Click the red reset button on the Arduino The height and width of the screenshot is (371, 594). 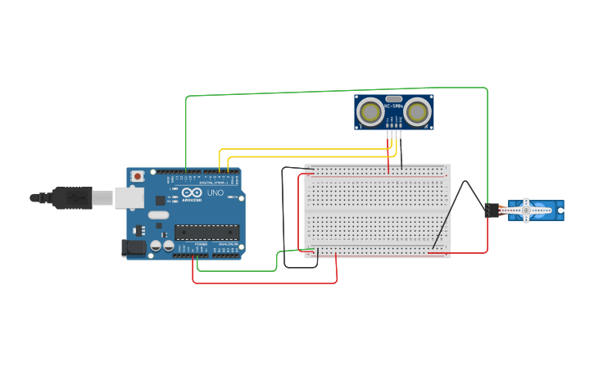coord(138,176)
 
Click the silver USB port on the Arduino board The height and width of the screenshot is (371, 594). coord(128,197)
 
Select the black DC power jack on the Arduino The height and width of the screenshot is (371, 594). coord(132,247)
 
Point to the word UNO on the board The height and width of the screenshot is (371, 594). coord(215,193)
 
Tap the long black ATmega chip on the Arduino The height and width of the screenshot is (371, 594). coord(206,232)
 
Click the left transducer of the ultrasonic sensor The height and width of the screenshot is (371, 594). coord(371,112)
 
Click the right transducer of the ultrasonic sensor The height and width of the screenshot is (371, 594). coord(417,112)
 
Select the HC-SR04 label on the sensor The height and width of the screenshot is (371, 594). coord(394,106)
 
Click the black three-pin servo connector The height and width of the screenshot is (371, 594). coord(492,210)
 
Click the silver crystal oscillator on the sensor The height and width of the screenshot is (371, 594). coord(394,98)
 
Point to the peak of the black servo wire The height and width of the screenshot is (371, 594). coord(465,182)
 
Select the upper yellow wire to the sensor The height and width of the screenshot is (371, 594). coord(303,149)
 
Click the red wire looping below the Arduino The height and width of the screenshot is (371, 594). coord(262,283)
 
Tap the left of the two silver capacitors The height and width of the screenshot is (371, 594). coord(156,245)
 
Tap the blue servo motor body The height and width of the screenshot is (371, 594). coord(549,210)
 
